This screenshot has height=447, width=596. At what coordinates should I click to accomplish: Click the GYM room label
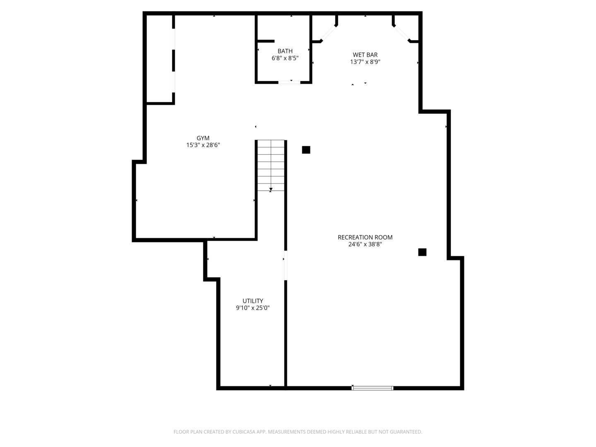[x=203, y=138]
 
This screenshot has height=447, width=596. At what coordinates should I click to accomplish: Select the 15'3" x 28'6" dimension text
[x=203, y=145]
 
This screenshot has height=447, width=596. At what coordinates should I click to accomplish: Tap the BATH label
[x=285, y=51]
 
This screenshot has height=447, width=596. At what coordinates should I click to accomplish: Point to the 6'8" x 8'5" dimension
[x=285, y=58]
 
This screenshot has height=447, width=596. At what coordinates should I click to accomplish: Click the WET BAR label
[x=365, y=55]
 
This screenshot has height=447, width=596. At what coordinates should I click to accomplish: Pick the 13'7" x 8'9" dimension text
[x=365, y=62]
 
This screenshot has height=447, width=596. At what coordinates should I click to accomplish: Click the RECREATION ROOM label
[x=365, y=237]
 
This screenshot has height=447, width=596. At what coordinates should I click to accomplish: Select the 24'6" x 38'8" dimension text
[x=365, y=245]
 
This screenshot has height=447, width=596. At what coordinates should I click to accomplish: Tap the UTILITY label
[x=252, y=301]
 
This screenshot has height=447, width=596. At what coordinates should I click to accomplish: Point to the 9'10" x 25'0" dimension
[x=252, y=308]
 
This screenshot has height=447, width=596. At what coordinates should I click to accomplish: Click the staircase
[x=271, y=166]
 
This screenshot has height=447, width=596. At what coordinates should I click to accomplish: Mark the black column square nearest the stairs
[x=306, y=150]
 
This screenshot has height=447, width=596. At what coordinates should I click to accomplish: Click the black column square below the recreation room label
[x=422, y=252]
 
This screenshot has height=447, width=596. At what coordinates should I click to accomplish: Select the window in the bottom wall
[x=372, y=388]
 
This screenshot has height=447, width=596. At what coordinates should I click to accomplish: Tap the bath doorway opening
[x=289, y=82]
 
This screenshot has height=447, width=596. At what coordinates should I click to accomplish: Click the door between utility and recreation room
[x=286, y=265]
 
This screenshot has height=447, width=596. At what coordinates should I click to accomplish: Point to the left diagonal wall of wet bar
[x=329, y=34]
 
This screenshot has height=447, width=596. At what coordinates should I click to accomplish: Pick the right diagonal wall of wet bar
[x=401, y=34]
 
